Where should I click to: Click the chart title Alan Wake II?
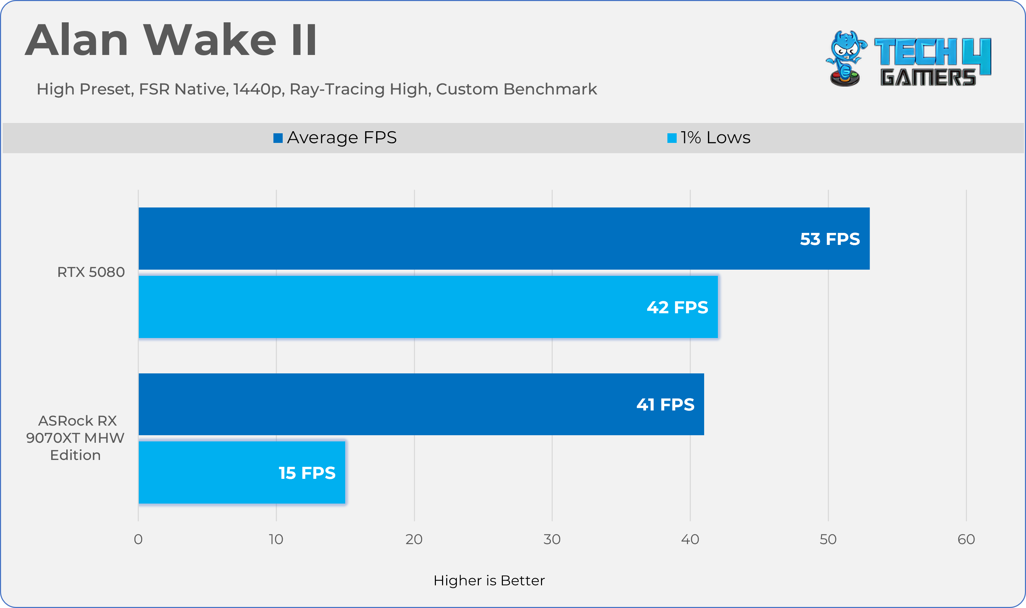coord(171,40)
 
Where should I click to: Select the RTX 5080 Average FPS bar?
coord(504,238)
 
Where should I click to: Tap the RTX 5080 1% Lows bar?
coord(428,307)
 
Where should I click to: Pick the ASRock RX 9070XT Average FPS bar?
coord(421,404)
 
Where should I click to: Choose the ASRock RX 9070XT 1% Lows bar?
coord(242,472)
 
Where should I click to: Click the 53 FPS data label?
coord(830,239)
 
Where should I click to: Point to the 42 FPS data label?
coord(677,307)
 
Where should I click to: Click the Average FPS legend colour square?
coord(278,138)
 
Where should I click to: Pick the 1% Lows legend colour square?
coord(672,138)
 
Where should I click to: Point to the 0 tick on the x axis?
coord(138,539)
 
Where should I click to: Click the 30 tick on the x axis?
coord(552,539)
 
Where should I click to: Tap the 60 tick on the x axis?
coord(966,539)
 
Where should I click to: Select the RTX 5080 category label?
coord(91,272)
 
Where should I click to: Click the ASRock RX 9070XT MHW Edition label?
coord(75,438)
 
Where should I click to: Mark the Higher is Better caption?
coord(489,581)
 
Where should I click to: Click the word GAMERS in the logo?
coord(928,77)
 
